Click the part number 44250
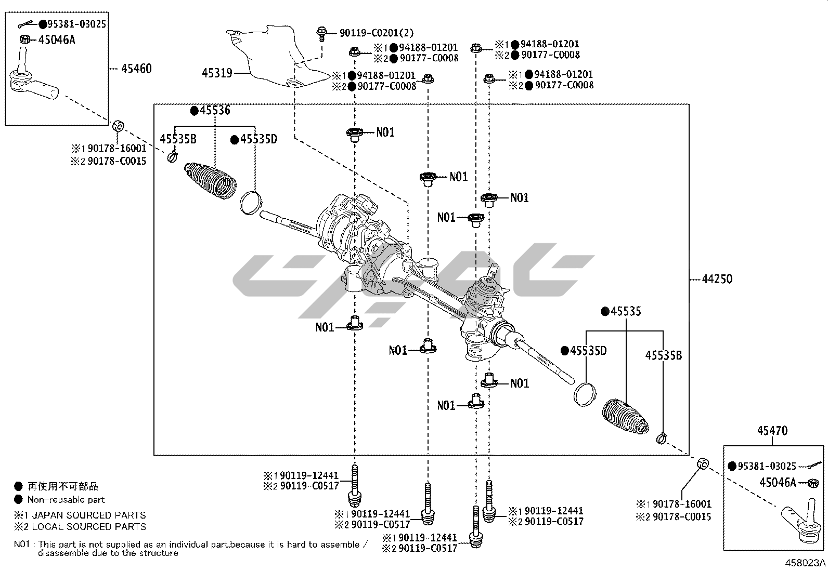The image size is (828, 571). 717,279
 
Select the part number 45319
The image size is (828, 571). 217,73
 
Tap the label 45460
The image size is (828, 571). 136,68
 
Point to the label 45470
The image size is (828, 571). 772,431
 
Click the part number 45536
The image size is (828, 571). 214,110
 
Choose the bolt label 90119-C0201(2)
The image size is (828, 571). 377,33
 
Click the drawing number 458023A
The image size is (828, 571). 806,562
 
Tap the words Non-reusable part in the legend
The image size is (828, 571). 66,500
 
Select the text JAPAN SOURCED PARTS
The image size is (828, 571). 89,515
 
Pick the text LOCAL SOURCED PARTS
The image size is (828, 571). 89,527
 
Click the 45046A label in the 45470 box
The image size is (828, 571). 778,482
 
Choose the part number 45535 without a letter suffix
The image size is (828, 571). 626,311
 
